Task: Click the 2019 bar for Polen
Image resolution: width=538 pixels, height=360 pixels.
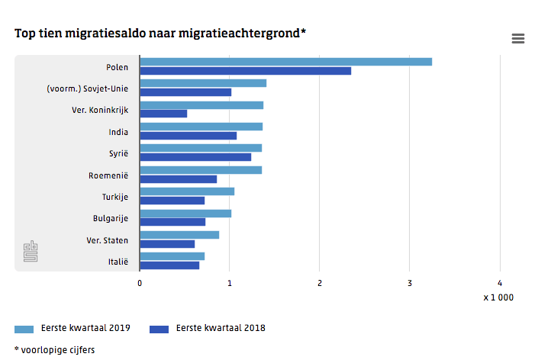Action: click(285, 62)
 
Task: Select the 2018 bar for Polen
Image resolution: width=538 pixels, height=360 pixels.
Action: click(245, 71)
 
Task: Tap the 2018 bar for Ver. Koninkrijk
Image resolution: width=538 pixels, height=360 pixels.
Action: click(163, 114)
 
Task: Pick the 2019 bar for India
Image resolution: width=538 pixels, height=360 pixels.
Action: click(201, 127)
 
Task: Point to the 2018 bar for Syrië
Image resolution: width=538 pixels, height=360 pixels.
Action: click(195, 157)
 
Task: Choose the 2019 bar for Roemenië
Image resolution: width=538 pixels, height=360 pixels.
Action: click(201, 170)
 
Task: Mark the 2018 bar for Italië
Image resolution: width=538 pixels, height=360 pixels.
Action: click(169, 265)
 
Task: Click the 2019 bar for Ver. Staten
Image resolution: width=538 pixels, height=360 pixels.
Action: click(179, 235)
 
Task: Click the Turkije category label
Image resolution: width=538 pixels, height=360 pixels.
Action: click(115, 197)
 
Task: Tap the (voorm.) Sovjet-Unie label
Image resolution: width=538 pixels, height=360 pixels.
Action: click(87, 88)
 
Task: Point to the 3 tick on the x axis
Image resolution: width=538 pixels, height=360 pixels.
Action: click(410, 283)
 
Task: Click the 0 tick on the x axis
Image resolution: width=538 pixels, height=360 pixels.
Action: click(140, 283)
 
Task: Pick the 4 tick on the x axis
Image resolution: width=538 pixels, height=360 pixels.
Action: click(500, 283)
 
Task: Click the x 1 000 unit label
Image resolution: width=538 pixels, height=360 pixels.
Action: click(498, 297)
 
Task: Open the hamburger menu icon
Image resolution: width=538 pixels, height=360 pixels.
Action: click(518, 39)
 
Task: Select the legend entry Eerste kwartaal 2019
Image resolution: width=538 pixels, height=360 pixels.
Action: click(72, 329)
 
